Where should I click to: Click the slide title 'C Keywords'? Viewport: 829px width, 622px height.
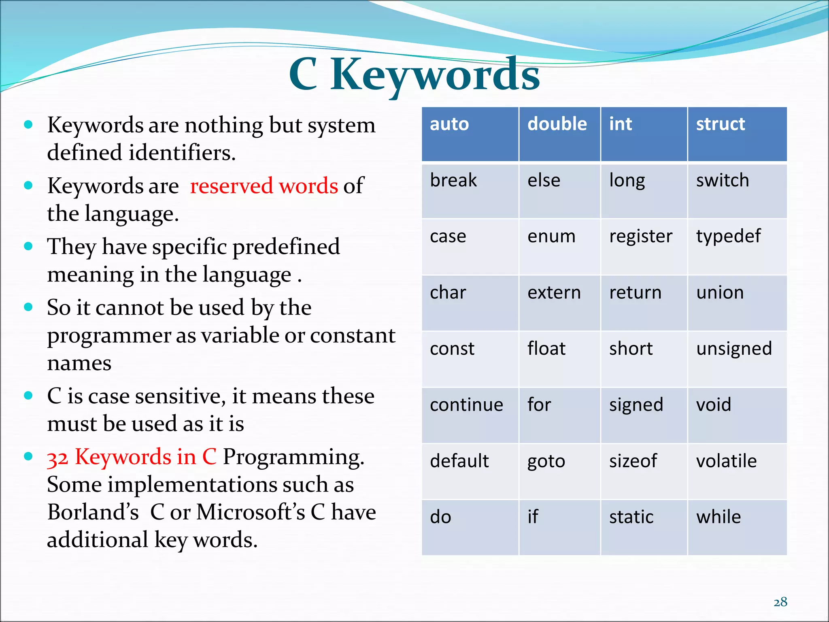click(x=414, y=75)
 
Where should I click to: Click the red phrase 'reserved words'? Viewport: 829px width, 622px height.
click(x=264, y=186)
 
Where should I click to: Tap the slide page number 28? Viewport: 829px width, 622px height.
click(x=780, y=602)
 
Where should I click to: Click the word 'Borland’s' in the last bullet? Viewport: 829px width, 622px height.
click(x=93, y=512)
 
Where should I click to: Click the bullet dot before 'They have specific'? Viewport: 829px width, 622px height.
click(x=28, y=246)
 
